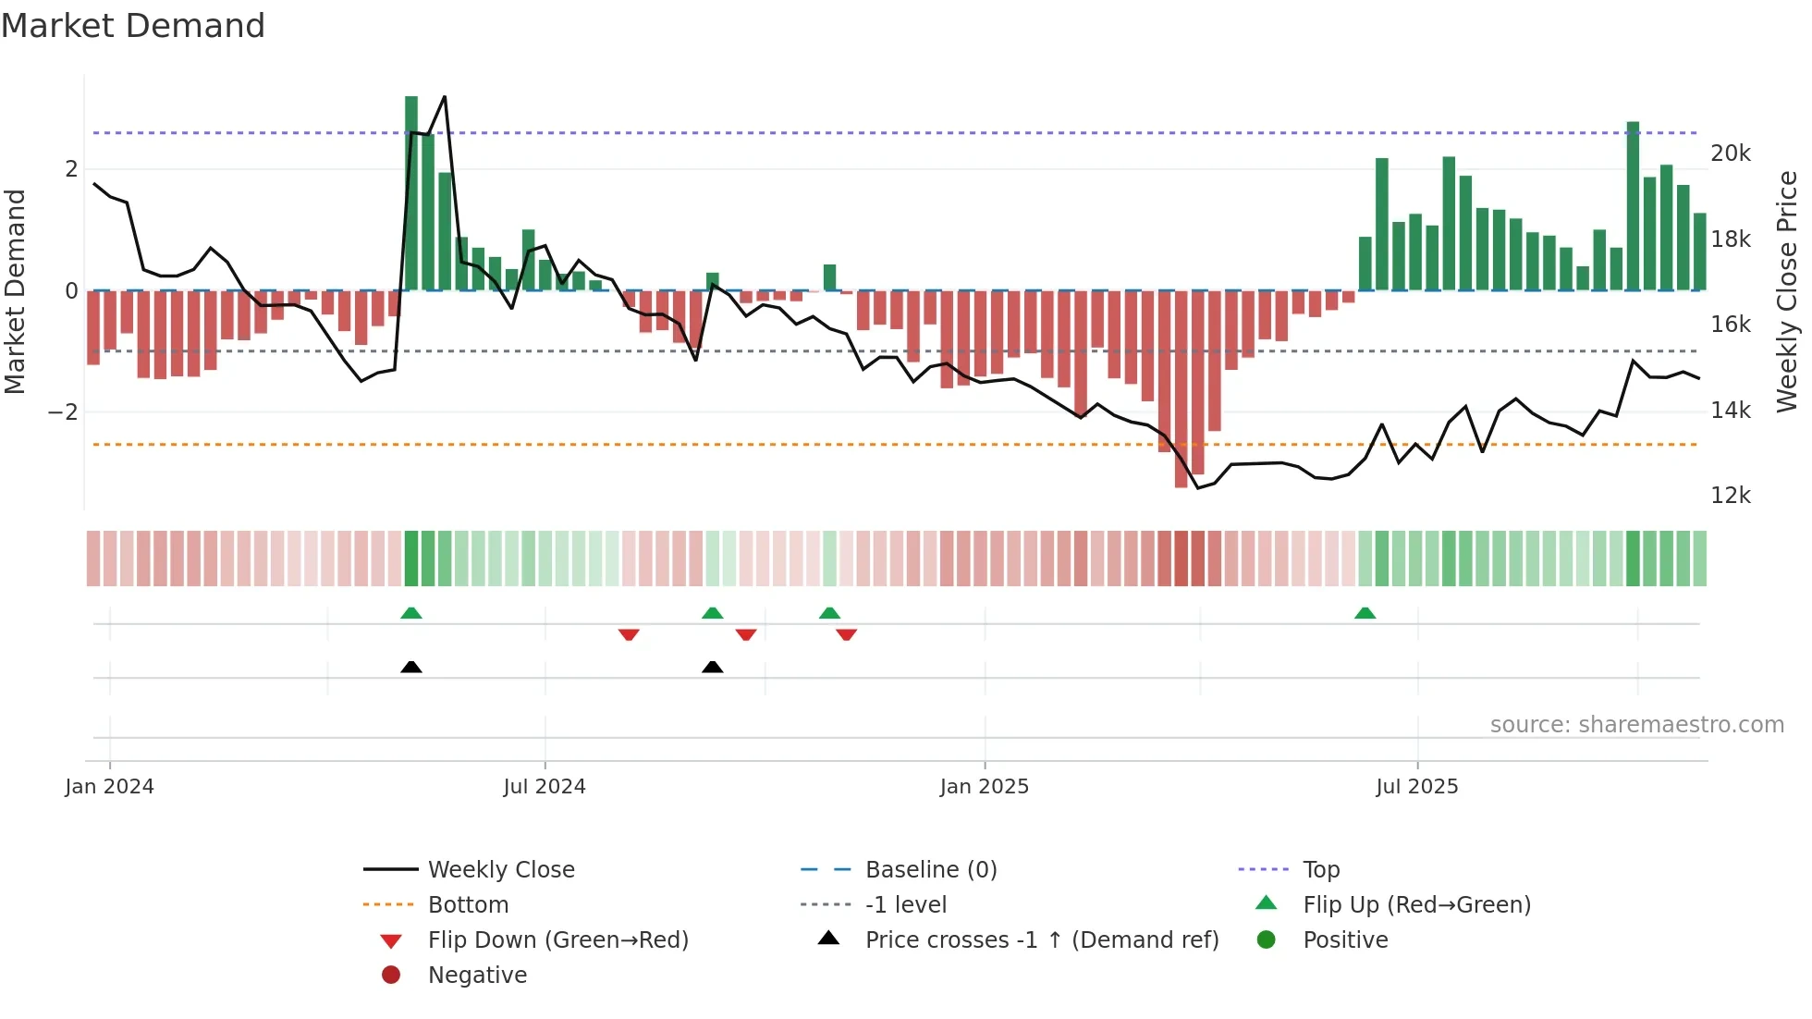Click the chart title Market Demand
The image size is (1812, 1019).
[x=133, y=26]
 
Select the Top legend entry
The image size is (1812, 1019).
[x=1320, y=869]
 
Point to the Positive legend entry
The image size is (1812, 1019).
[x=1344, y=939]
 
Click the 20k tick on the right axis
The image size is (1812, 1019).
[x=1730, y=153]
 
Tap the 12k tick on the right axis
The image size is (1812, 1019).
[x=1730, y=496]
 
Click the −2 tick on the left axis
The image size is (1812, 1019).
[x=63, y=412]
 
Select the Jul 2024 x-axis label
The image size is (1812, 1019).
[x=545, y=787]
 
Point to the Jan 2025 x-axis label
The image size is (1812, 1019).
[x=984, y=787]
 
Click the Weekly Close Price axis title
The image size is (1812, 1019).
[x=1787, y=291]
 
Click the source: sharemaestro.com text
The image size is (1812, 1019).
[x=1636, y=725]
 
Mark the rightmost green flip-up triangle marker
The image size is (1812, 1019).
[x=1365, y=613]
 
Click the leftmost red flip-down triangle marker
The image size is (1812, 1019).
[x=629, y=634]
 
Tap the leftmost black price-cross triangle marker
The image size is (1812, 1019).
[x=411, y=667]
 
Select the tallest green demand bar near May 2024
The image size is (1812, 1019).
[x=411, y=194]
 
